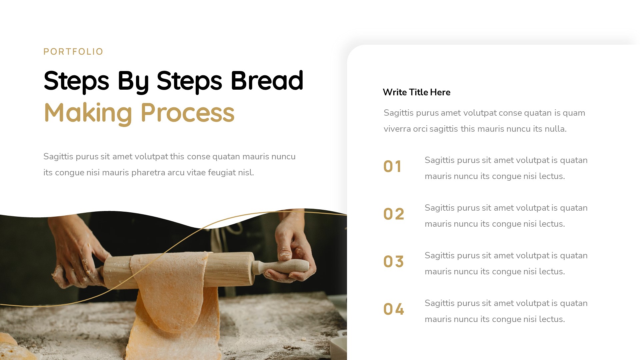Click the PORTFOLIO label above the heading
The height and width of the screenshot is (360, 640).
[x=73, y=52]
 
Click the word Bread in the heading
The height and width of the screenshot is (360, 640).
[x=267, y=81]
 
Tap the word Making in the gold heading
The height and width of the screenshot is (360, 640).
[x=88, y=113]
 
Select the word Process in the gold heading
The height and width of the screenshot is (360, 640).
[x=187, y=113]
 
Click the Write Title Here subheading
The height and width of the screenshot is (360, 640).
[x=416, y=92]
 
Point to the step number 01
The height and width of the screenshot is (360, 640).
[x=392, y=166]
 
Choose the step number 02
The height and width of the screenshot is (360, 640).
[x=394, y=214]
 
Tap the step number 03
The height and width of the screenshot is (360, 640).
[x=394, y=262]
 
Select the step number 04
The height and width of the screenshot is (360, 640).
[x=394, y=309]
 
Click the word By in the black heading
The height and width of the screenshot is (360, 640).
[x=133, y=81]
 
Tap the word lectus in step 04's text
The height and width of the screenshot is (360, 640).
[x=552, y=319]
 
